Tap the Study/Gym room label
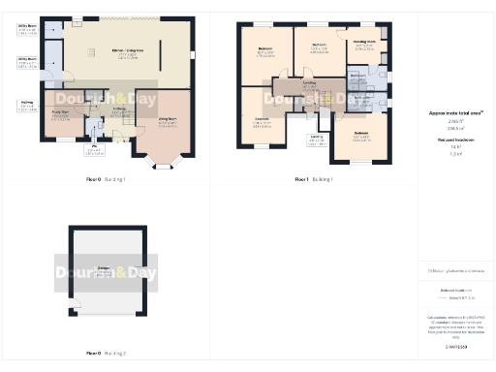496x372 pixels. [x=60, y=117]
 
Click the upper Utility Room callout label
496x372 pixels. [x=27, y=29]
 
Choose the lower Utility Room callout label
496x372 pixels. [x=27, y=62]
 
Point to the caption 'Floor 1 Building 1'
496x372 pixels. [x=314, y=180]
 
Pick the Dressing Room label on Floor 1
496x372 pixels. [x=364, y=44]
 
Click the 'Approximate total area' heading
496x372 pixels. [x=455, y=113]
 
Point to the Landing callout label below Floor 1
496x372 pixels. [x=317, y=139]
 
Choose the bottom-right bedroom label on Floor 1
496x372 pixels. [x=360, y=136]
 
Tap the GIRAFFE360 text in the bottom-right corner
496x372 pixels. [x=456, y=346]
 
